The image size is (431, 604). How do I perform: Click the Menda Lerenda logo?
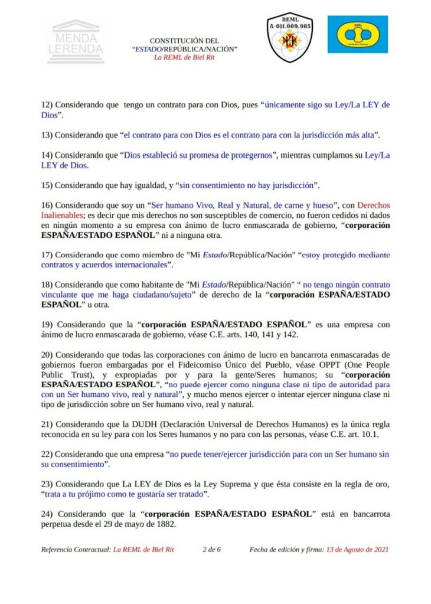(76, 41)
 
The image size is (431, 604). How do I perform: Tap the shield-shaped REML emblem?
(290, 37)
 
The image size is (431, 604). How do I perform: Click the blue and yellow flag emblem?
(358, 35)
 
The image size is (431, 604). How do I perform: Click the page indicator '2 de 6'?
(211, 549)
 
